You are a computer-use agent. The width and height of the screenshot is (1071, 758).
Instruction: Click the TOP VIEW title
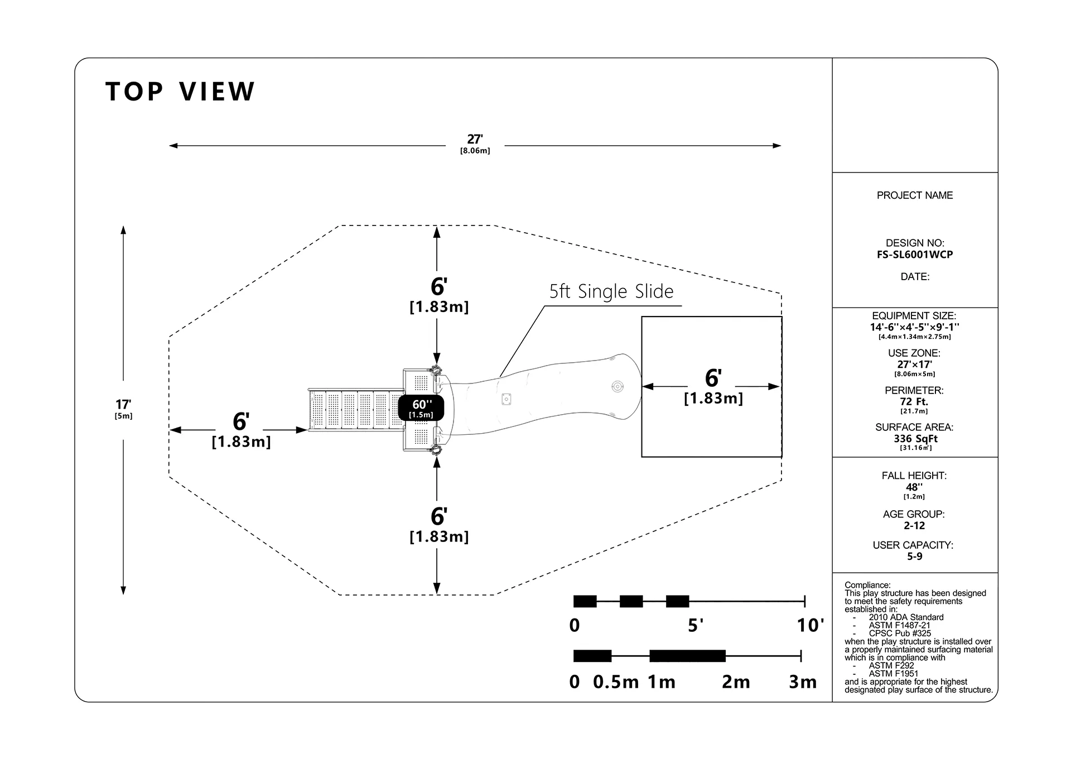point(180,92)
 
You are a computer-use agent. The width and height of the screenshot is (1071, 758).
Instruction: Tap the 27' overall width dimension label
point(475,140)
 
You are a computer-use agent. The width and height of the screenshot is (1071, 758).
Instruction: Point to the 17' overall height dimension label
point(123,404)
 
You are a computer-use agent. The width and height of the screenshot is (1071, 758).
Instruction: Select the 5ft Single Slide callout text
point(611,291)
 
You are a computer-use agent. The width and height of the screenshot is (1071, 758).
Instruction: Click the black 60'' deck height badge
point(421,407)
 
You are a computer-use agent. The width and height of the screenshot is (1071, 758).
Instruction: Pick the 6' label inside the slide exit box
point(713,378)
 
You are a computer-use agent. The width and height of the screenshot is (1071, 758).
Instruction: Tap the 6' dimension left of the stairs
point(241,421)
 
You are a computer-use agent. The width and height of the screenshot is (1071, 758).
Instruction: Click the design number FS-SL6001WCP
point(915,255)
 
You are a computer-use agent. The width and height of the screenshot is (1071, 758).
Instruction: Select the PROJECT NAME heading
point(915,195)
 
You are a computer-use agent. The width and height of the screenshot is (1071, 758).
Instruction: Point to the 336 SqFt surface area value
point(915,439)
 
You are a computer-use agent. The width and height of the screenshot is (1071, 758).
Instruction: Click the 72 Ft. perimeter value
point(915,401)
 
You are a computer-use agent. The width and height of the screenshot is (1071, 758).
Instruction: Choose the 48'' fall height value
point(914,487)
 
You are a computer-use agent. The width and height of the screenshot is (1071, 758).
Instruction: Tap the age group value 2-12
point(914,525)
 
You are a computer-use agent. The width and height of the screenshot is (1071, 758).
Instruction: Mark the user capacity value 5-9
point(914,556)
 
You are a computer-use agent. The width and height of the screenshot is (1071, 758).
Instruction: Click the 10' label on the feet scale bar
point(810,625)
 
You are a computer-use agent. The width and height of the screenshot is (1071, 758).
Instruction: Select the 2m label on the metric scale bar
point(736,682)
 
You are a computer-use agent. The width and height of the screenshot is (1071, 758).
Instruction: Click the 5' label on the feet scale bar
point(696,625)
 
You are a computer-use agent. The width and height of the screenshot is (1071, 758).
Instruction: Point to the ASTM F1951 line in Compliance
point(894,674)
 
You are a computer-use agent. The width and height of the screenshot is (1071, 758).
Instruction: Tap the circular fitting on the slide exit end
point(617,386)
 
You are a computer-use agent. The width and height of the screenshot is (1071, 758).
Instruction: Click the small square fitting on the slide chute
point(506,399)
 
